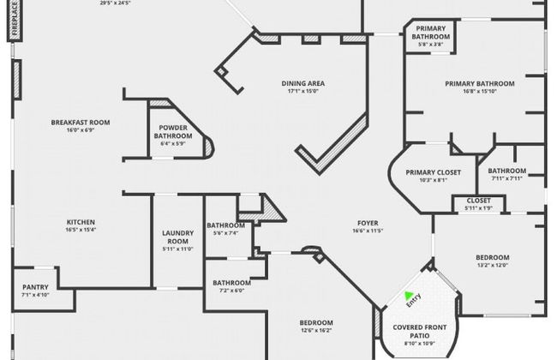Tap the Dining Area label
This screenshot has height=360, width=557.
(x=303, y=84)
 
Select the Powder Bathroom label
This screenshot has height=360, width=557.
(x=173, y=131)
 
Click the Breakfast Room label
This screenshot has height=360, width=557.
(x=81, y=123)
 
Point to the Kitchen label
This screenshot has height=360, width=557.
(x=81, y=223)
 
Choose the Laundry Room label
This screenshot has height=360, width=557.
(x=177, y=237)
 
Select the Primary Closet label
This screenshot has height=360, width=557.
(x=433, y=172)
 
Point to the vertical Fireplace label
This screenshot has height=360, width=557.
(x=15, y=20)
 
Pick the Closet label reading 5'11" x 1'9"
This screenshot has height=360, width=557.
(x=478, y=201)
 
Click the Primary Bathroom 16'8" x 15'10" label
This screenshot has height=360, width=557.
(x=479, y=84)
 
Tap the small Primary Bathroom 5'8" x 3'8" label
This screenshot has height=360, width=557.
(x=429, y=33)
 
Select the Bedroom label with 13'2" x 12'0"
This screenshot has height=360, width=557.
(x=492, y=257)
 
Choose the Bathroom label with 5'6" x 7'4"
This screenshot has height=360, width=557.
(x=225, y=225)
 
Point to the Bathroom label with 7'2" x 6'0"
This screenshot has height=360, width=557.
(x=231, y=283)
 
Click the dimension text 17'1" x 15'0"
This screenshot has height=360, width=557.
(x=303, y=91)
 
